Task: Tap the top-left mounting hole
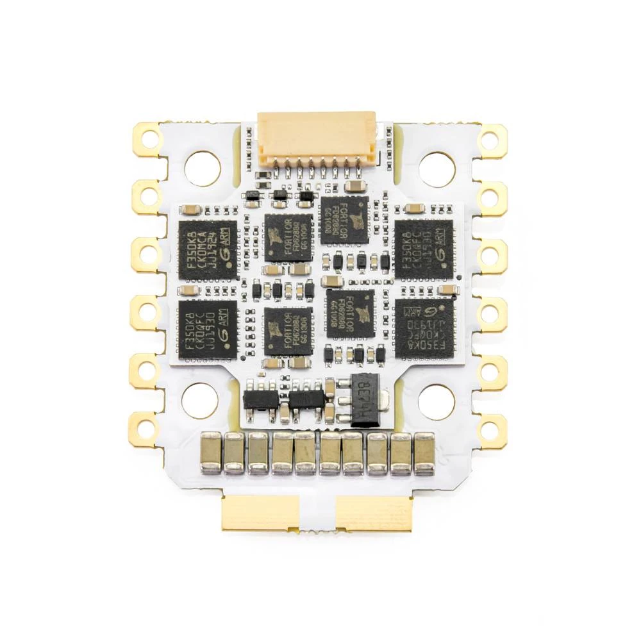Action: (202, 169)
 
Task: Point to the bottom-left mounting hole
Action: (199, 401)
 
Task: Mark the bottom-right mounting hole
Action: (437, 402)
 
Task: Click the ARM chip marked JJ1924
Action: (207, 249)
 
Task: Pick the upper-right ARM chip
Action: (424, 249)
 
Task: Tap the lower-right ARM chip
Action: (424, 328)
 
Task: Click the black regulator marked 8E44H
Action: (364, 399)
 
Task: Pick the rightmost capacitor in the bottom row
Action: (424, 453)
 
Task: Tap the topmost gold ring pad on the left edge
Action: (148, 138)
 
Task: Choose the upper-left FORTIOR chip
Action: (288, 237)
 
